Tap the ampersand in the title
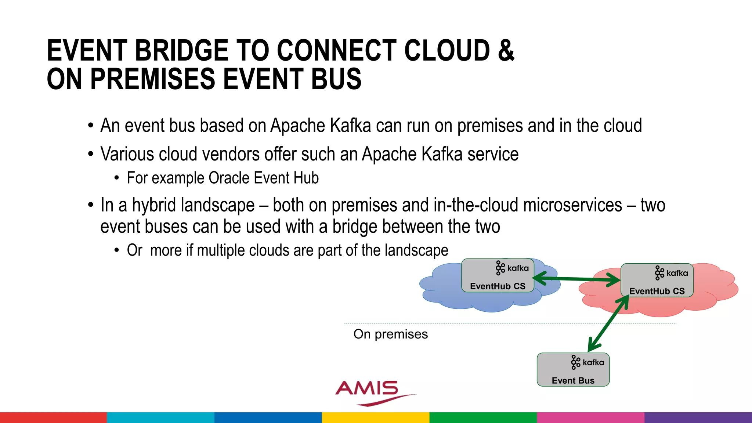click(506, 51)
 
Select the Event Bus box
click(573, 369)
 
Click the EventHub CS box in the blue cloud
click(498, 275)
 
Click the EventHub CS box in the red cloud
click(657, 280)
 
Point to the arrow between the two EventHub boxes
click(576, 279)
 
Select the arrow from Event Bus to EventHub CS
click(608, 323)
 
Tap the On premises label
click(390, 334)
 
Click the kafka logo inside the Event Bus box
click(587, 362)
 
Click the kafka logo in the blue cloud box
click(512, 268)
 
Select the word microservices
click(572, 205)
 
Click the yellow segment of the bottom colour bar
click(375, 417)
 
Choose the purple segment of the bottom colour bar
click(698, 417)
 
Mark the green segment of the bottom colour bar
click(483, 417)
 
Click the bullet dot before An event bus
click(91, 126)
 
